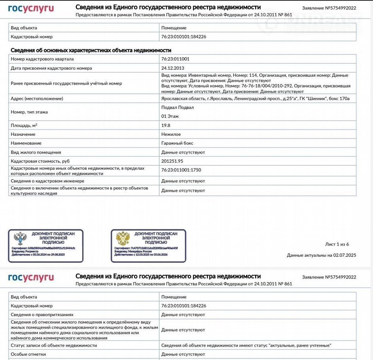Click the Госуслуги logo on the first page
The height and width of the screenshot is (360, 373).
point(31,9)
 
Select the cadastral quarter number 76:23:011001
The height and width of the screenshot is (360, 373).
point(175,59)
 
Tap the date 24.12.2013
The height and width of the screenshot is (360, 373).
point(172,68)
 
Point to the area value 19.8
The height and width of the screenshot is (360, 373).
point(166,125)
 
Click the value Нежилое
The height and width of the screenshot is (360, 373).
point(171,135)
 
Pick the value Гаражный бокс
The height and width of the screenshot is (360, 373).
point(177,143)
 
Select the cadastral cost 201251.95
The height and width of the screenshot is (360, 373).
point(172,161)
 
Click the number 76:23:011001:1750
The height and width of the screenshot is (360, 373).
point(181,170)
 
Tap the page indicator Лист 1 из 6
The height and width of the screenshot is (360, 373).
point(337,244)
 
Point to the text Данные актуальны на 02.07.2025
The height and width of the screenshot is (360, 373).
point(321,255)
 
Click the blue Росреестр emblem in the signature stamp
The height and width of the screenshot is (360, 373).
point(20,239)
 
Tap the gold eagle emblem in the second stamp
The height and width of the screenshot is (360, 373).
point(123,239)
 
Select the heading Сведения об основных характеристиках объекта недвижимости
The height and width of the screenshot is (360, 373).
point(90,50)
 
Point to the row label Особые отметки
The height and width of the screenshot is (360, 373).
point(28,354)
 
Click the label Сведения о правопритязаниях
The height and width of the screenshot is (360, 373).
point(42,315)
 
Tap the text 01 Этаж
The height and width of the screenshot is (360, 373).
point(170,116)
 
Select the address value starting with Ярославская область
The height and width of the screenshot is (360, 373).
point(255,99)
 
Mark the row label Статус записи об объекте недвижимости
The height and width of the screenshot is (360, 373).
point(54,345)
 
